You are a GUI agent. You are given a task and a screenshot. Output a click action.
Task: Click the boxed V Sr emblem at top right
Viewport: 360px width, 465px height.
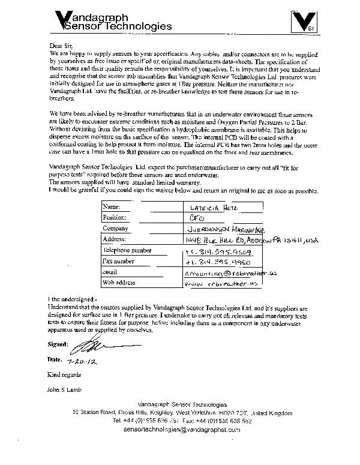point(306,23)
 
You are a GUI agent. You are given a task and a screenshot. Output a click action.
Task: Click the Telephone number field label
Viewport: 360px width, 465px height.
point(127,250)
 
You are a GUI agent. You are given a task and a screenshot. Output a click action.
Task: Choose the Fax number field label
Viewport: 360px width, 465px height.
point(121,261)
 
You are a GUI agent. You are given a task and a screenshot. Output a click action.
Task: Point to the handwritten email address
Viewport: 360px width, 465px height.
point(224,273)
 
